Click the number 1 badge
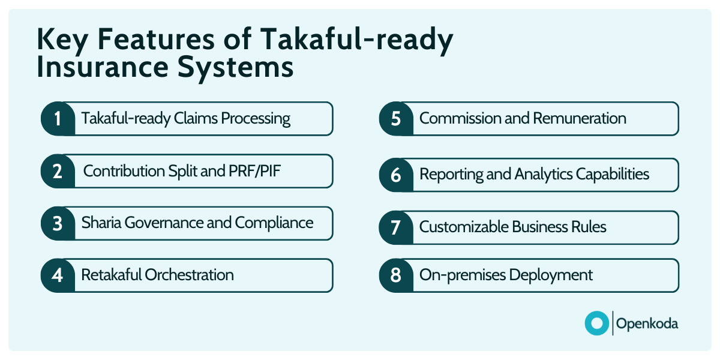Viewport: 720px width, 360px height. (58, 119)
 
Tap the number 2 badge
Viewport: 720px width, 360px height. (58, 171)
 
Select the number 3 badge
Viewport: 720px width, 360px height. (58, 223)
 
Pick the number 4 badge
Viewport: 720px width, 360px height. (58, 275)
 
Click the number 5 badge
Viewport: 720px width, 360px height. (396, 119)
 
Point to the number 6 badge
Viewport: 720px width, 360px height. (396, 175)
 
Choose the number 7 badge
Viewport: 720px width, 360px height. (396, 227)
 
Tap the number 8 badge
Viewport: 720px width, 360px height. (396, 275)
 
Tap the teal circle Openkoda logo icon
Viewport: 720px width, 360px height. (597, 323)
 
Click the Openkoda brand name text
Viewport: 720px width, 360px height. (647, 323)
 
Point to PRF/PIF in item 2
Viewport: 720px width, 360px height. (254, 170)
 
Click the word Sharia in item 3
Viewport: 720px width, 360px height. (101, 223)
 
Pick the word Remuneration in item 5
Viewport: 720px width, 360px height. (580, 118)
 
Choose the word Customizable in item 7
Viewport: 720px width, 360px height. (464, 227)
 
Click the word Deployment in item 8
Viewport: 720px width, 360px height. (551, 275)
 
